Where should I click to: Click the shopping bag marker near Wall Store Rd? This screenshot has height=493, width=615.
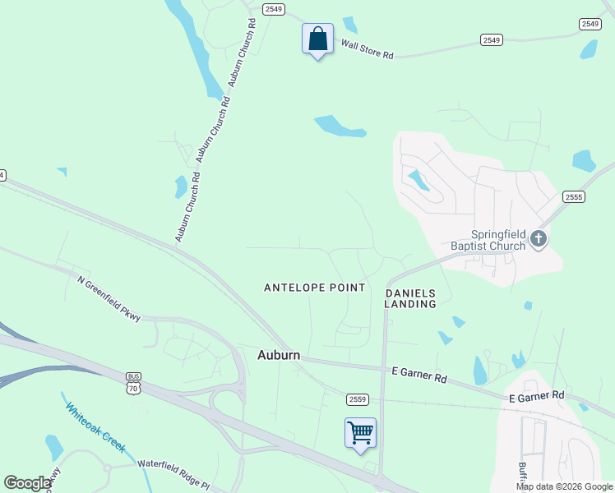[317, 39]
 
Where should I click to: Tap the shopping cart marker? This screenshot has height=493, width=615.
[360, 433]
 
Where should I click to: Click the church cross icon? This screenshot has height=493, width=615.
[539, 239]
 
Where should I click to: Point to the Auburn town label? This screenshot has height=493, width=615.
[279, 356]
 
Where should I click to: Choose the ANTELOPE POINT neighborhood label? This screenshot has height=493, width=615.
[314, 288]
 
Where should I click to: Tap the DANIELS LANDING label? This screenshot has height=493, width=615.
[410, 298]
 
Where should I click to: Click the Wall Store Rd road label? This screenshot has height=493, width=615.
[368, 49]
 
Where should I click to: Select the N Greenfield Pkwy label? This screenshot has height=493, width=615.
[109, 297]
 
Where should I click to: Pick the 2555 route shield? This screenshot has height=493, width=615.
[573, 197]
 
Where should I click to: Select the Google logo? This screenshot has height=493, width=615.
[27, 483]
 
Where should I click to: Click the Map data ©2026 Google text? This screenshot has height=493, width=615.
[564, 486]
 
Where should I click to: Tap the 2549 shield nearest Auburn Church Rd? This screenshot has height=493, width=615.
[274, 9]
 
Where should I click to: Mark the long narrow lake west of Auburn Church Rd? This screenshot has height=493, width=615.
[195, 49]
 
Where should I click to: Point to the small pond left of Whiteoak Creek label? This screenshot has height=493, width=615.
[54, 447]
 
